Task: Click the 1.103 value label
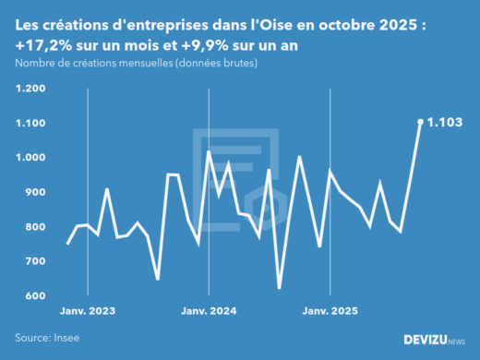(447, 122)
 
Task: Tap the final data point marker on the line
(420, 122)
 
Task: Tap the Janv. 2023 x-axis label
(88, 312)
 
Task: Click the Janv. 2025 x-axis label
(330, 312)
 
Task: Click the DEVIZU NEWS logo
(435, 340)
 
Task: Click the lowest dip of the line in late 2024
(280, 288)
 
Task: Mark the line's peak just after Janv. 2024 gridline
(210, 151)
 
